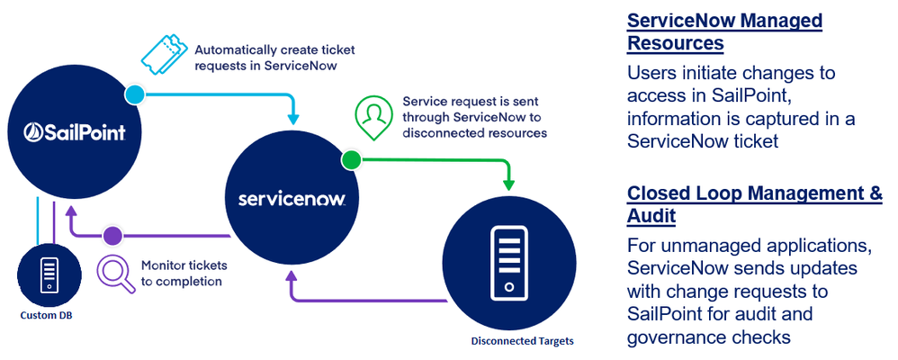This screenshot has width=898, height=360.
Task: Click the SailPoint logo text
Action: pyautogui.click(x=73, y=133)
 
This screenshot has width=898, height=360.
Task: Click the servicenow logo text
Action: pyautogui.click(x=292, y=197)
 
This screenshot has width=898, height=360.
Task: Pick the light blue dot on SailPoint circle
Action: pyautogui.click(x=133, y=94)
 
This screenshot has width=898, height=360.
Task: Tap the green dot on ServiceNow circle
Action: pyautogui.click(x=351, y=161)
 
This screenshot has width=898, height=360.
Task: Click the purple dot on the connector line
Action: pyautogui.click(x=112, y=237)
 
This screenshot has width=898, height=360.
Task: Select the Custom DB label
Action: pyautogui.click(x=46, y=314)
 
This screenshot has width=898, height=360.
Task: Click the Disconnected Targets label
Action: pyautogui.click(x=522, y=340)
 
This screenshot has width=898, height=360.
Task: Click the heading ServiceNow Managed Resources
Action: pyautogui.click(x=723, y=31)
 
